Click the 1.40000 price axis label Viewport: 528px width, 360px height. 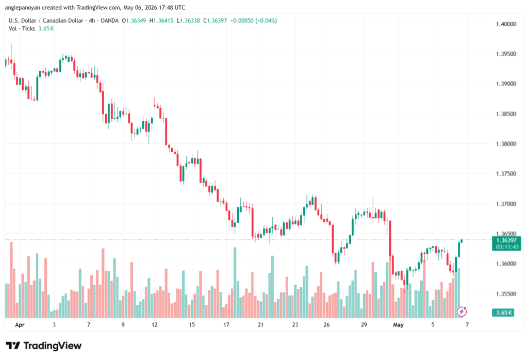click(x=506, y=24)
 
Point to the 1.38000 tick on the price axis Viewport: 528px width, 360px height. click(x=506, y=144)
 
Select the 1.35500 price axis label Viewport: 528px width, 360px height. click(x=506, y=293)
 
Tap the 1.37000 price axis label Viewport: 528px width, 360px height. click(x=506, y=204)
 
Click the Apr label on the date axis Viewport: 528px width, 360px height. click(x=20, y=325)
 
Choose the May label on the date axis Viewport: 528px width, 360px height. click(x=399, y=325)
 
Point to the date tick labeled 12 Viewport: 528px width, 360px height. click(x=155, y=325)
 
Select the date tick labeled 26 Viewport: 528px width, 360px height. click(x=326, y=325)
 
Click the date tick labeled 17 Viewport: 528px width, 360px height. click(x=226, y=325)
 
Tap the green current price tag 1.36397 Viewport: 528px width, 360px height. click(x=506, y=240)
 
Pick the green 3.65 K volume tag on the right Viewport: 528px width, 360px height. click(x=503, y=313)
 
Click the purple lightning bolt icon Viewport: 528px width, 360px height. click(x=461, y=312)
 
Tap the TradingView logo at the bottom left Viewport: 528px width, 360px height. click(x=44, y=346)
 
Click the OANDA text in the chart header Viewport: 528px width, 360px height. click(x=109, y=21)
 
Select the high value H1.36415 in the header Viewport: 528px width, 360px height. click(x=161, y=21)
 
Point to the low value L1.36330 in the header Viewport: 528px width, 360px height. click(x=188, y=21)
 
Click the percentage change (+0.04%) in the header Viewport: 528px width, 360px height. click(x=266, y=21)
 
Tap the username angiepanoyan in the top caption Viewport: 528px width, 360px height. click(x=23, y=7)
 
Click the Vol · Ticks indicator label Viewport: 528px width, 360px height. click(x=22, y=29)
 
